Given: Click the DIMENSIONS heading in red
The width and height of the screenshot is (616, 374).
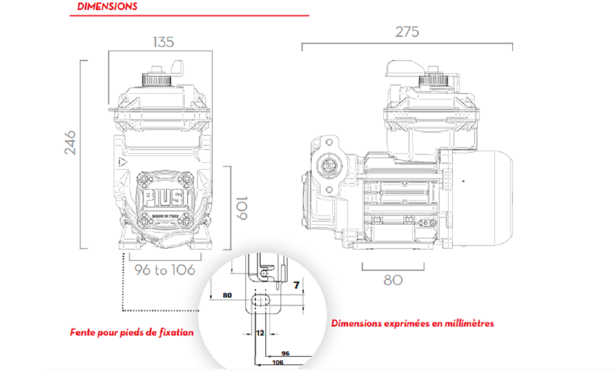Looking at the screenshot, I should point(107,7).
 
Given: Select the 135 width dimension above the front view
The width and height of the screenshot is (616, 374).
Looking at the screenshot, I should point(163,42).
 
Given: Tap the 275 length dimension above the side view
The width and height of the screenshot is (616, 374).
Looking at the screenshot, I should point(407,32).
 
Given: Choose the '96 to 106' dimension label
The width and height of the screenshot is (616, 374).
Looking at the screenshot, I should point(164,270).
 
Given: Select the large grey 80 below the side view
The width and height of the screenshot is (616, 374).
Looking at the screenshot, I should point(393,280).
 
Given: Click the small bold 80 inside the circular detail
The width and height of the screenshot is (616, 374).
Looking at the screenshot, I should point(227,296).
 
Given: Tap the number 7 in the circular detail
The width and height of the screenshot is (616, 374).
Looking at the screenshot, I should point(296,286).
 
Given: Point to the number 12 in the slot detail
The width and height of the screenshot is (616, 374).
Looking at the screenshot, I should point(260,333).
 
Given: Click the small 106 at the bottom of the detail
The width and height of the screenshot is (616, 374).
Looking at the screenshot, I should point(277,362).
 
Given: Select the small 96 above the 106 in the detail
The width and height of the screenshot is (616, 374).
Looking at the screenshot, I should point(286,353).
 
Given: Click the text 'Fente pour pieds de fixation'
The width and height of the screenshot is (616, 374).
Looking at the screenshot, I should point(132,333).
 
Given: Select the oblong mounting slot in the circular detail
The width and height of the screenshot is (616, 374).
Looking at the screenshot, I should point(261,299).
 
